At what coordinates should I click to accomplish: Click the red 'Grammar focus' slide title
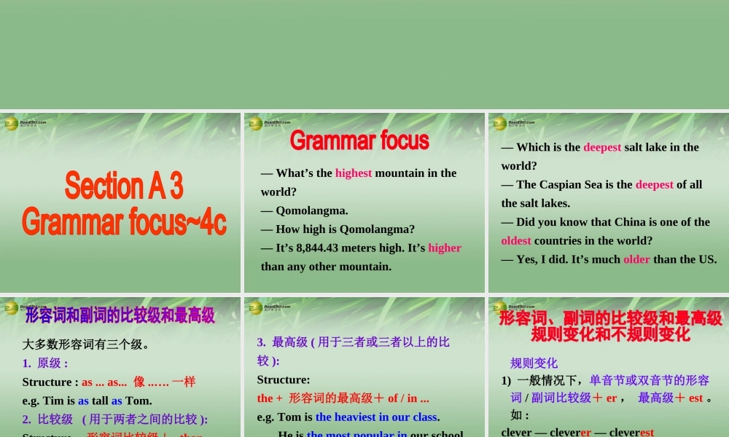359,140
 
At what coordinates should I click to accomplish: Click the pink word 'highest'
354,173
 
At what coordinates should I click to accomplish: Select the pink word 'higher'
445,248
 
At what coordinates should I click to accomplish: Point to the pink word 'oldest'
517,240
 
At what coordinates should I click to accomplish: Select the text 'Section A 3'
124,186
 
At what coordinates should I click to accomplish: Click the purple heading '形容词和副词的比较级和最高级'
120,315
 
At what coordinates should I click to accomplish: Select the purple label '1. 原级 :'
45,363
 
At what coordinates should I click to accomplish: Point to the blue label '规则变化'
534,363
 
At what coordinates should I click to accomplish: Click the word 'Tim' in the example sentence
55,401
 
